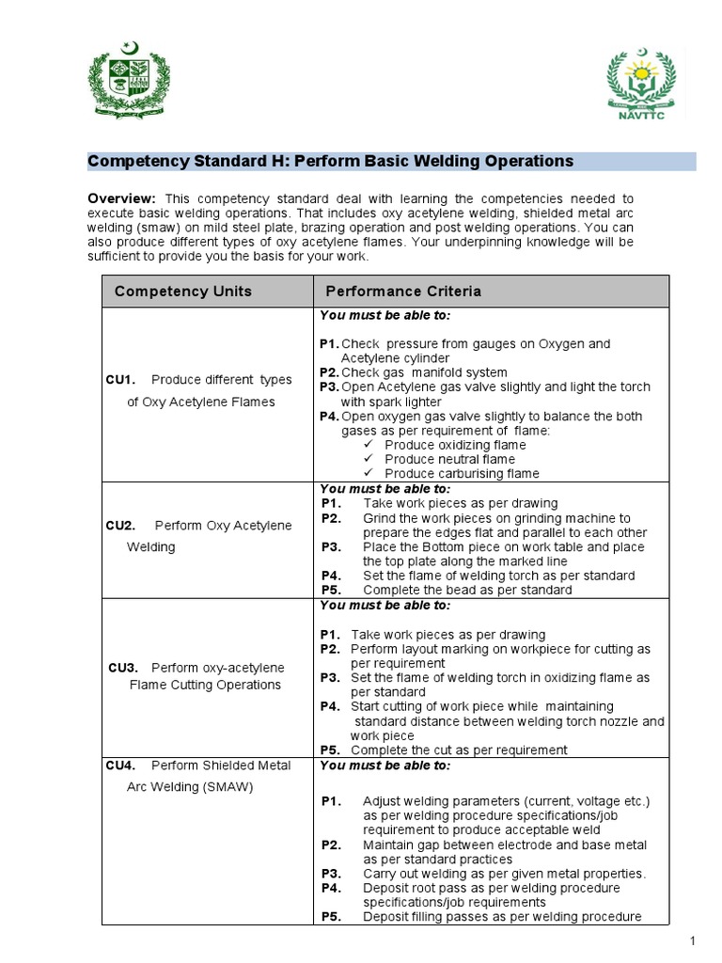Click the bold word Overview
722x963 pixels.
(x=121, y=198)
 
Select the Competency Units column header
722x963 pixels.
(x=183, y=292)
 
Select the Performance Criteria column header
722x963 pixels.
(x=403, y=292)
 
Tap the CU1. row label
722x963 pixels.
(x=121, y=380)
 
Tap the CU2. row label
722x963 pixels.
(x=121, y=525)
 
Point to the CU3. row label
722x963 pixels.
(x=123, y=668)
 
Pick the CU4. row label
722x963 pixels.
(x=121, y=766)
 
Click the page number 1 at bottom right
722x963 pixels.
(x=691, y=941)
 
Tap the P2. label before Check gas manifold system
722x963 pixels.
(x=328, y=372)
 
